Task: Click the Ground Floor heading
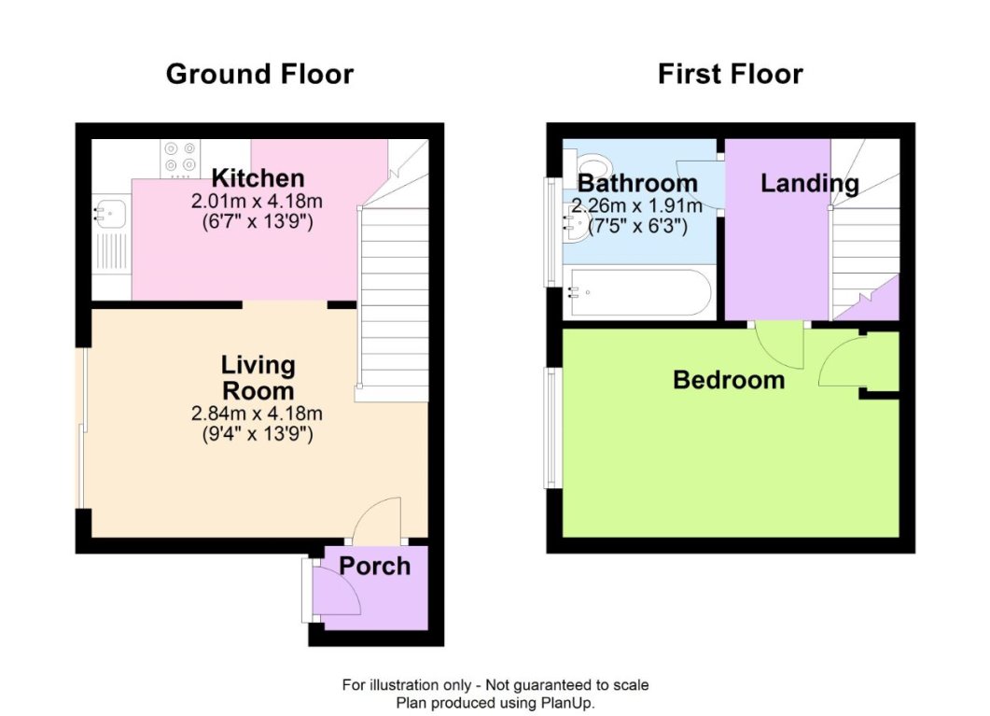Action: (259, 75)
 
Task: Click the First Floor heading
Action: (730, 75)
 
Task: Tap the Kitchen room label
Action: (258, 177)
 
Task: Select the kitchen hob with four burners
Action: (180, 157)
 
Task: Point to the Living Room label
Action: (258, 377)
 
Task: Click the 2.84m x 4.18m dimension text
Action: (258, 414)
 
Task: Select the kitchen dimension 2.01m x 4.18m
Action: (258, 201)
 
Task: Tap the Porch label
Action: (374, 566)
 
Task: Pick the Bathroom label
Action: (637, 183)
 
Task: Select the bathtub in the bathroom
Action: (638, 294)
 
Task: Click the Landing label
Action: (809, 184)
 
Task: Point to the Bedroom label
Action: (729, 380)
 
